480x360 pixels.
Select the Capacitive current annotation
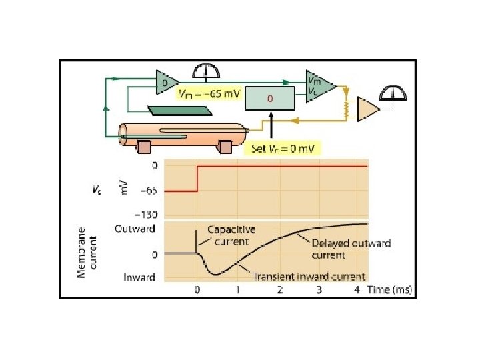tap(231, 234)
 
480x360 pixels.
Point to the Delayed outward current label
tap(351, 249)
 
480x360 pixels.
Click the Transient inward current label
tap(308, 276)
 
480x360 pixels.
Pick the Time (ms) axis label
tap(391, 290)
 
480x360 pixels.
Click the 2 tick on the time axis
tap(280, 290)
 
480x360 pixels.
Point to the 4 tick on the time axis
tap(357, 290)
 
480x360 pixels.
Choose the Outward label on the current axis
tap(135, 229)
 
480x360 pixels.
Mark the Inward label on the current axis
tap(139, 277)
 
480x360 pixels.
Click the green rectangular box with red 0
tap(269, 98)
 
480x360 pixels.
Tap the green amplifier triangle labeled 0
tap(166, 83)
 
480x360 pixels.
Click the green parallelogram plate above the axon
tap(167, 109)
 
